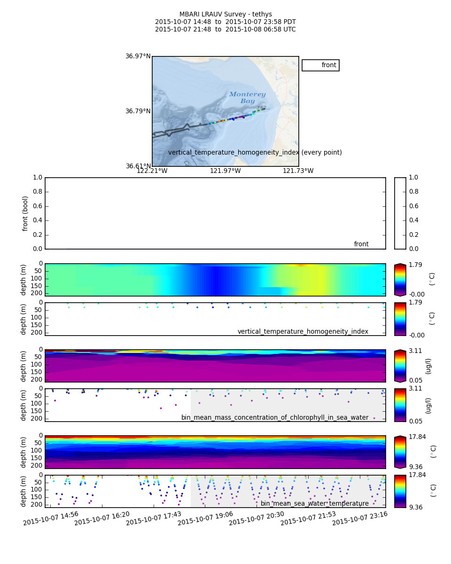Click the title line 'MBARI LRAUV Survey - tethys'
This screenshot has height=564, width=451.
pos(225,15)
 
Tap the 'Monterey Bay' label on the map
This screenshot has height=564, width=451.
pos(247,98)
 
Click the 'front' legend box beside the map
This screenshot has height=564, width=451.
pos(320,65)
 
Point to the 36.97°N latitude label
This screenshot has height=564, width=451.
pos(138,56)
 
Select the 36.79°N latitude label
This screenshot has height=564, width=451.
pos(138,111)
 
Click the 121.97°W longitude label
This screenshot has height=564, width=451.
pos(225,171)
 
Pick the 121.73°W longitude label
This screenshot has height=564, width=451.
pos(298,171)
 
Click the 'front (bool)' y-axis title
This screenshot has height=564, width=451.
pos(25,213)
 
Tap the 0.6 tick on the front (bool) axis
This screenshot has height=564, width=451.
pos(37,206)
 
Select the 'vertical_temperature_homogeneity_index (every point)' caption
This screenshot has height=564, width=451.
pos(255,153)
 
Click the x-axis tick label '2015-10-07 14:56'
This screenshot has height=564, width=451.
pos(51,518)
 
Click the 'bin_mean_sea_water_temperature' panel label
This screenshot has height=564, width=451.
pos(314,504)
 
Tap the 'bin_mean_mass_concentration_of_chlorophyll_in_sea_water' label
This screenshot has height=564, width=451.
pos(275,418)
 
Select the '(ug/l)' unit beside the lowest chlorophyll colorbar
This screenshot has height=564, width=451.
pos(428,405)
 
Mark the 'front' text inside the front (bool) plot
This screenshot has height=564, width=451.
pos(361,244)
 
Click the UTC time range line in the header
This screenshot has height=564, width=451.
pos(225,30)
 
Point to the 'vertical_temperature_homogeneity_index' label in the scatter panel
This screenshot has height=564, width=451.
pos(303,332)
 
